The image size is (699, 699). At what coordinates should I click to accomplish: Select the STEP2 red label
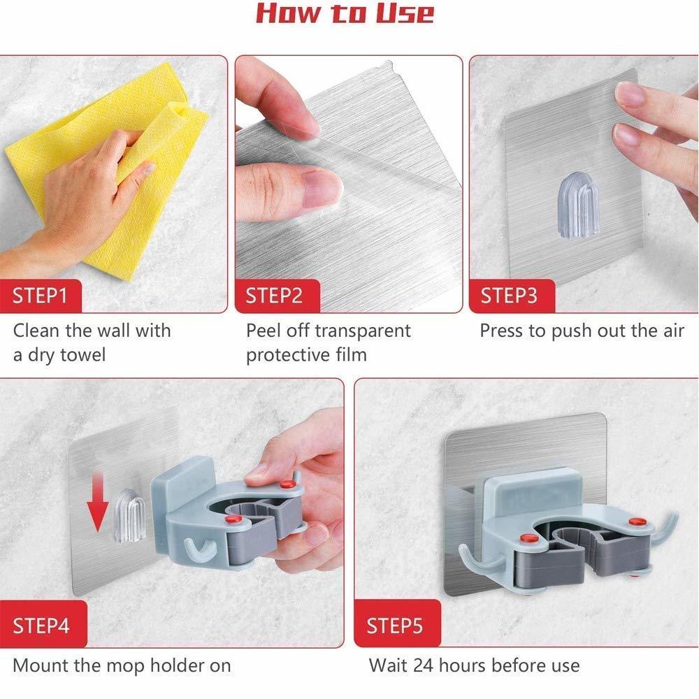pyautogui.click(x=274, y=296)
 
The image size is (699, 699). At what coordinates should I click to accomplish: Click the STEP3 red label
pyautogui.click(x=509, y=296)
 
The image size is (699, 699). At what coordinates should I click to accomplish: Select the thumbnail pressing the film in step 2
pyautogui.click(x=323, y=187)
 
